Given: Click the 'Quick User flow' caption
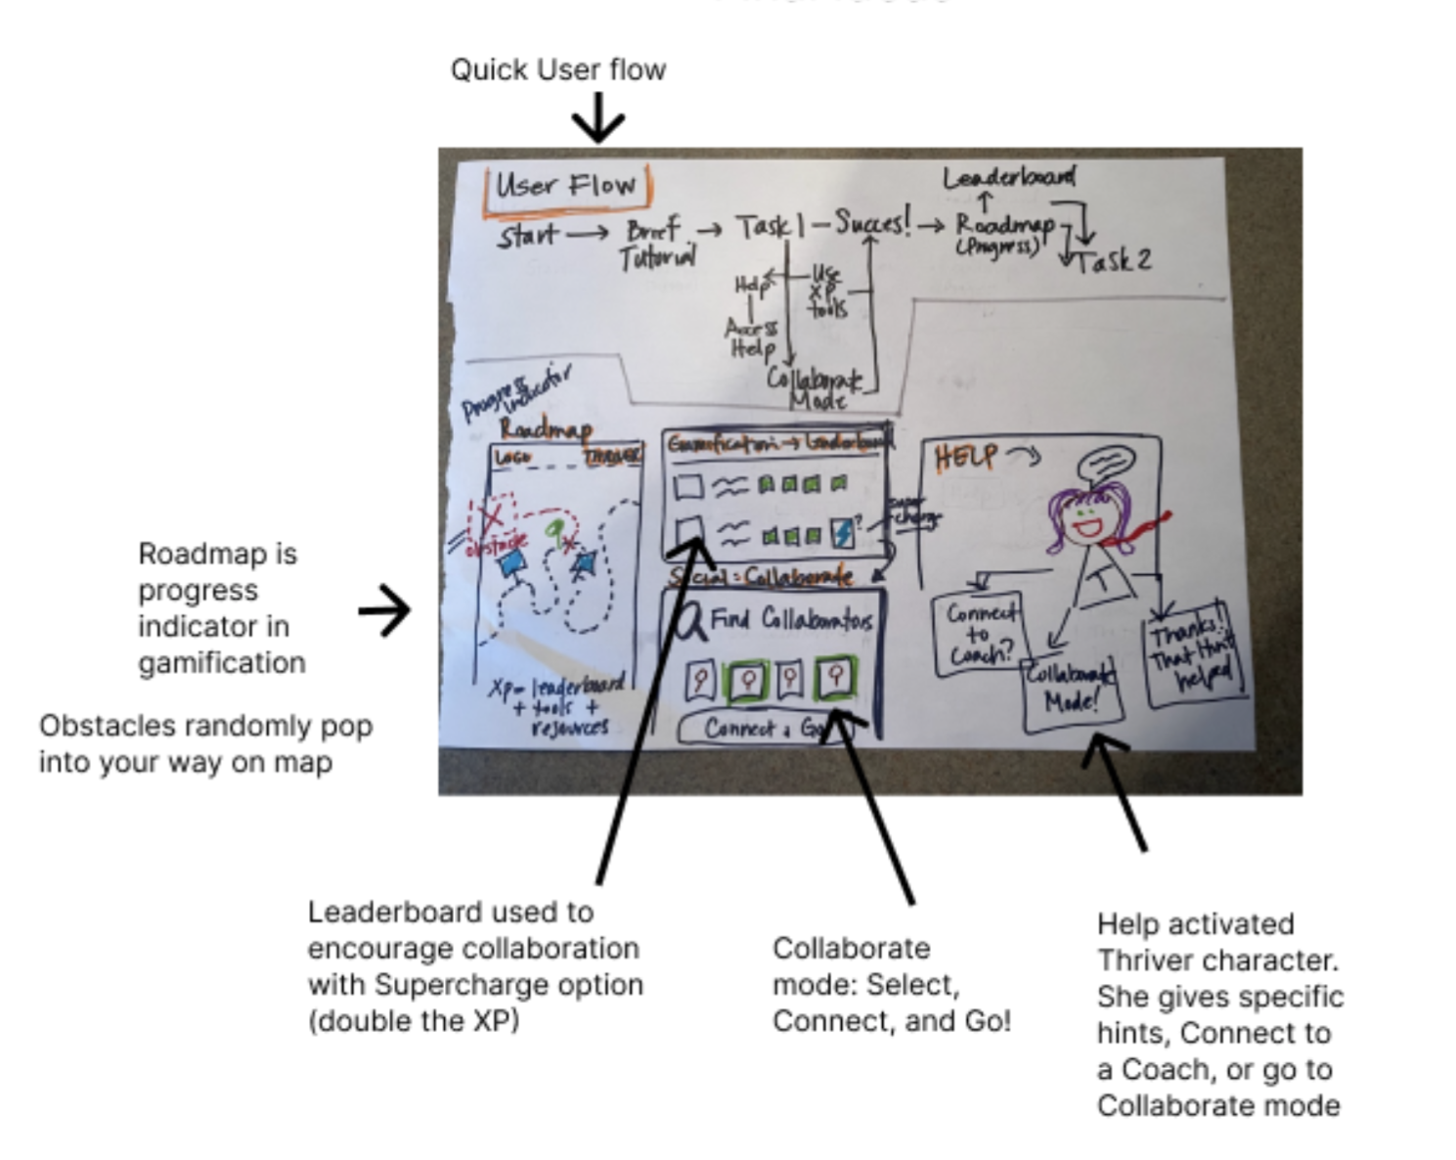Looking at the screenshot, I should point(557,70).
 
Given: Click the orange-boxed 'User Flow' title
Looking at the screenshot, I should point(566,186).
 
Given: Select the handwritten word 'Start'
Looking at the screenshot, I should point(528,236).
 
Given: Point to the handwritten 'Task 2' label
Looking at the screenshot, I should point(1115,260).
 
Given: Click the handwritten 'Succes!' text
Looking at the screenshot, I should point(872,225).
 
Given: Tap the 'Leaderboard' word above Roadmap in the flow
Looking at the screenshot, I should point(1008,178).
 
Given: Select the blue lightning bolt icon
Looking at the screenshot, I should point(841,533).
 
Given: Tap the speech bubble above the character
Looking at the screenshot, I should point(1106,462).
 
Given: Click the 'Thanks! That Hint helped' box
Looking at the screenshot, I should point(1193,650).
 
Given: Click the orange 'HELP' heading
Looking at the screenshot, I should point(965,457).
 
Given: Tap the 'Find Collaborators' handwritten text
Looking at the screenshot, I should point(790,619).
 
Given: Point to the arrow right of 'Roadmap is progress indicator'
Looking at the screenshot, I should point(384,610).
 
